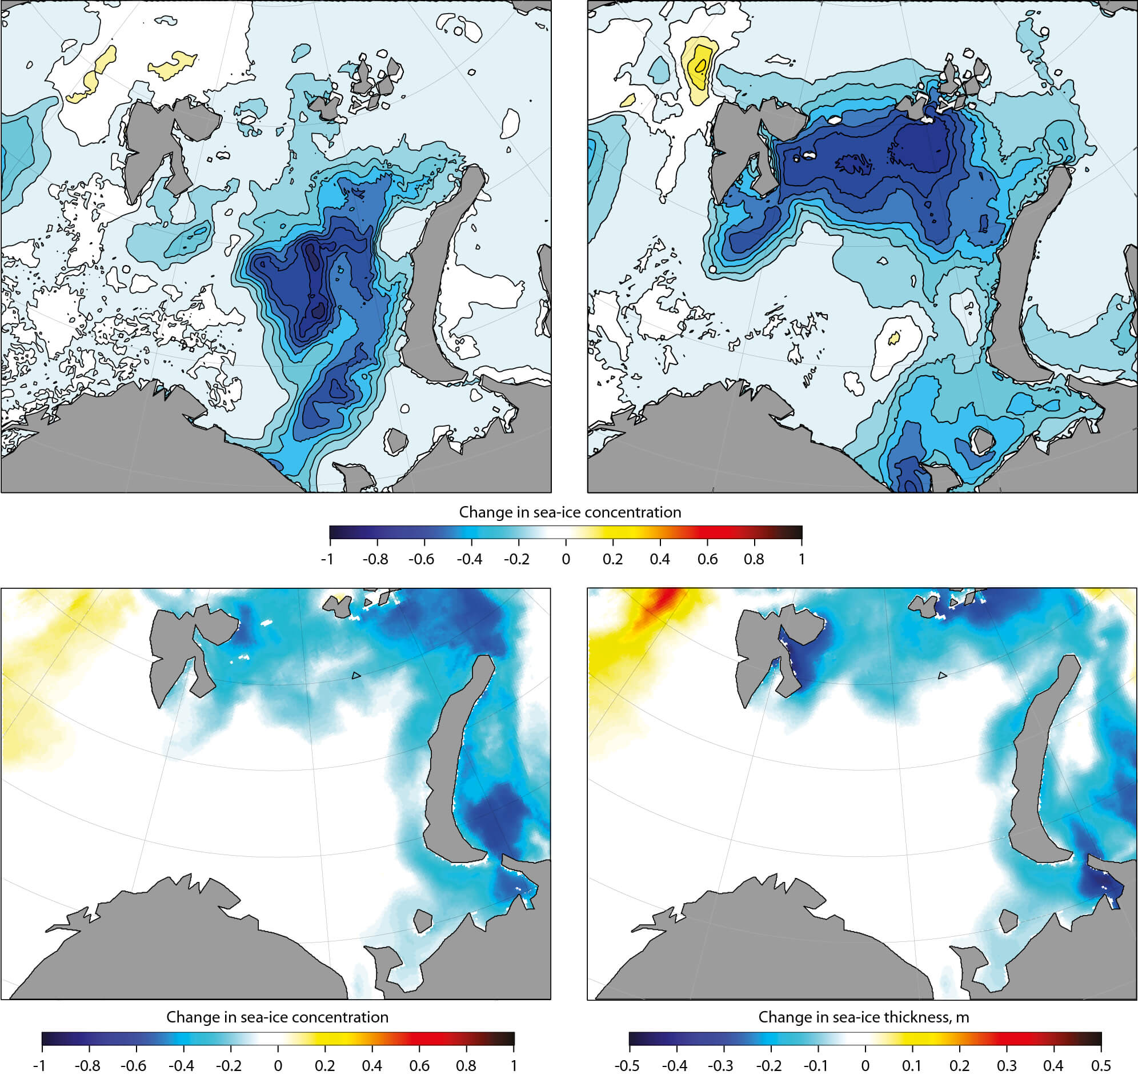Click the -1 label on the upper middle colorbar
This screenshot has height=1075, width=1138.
click(x=327, y=559)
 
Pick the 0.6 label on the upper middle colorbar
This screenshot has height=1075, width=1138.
click(x=707, y=559)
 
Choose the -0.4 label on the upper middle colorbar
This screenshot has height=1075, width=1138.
click(x=469, y=559)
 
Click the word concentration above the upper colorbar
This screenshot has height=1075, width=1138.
click(x=636, y=512)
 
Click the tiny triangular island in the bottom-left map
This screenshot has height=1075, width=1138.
click(x=356, y=676)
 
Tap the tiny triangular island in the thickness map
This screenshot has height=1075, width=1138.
click(x=943, y=676)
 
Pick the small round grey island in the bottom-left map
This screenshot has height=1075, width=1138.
click(x=422, y=922)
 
